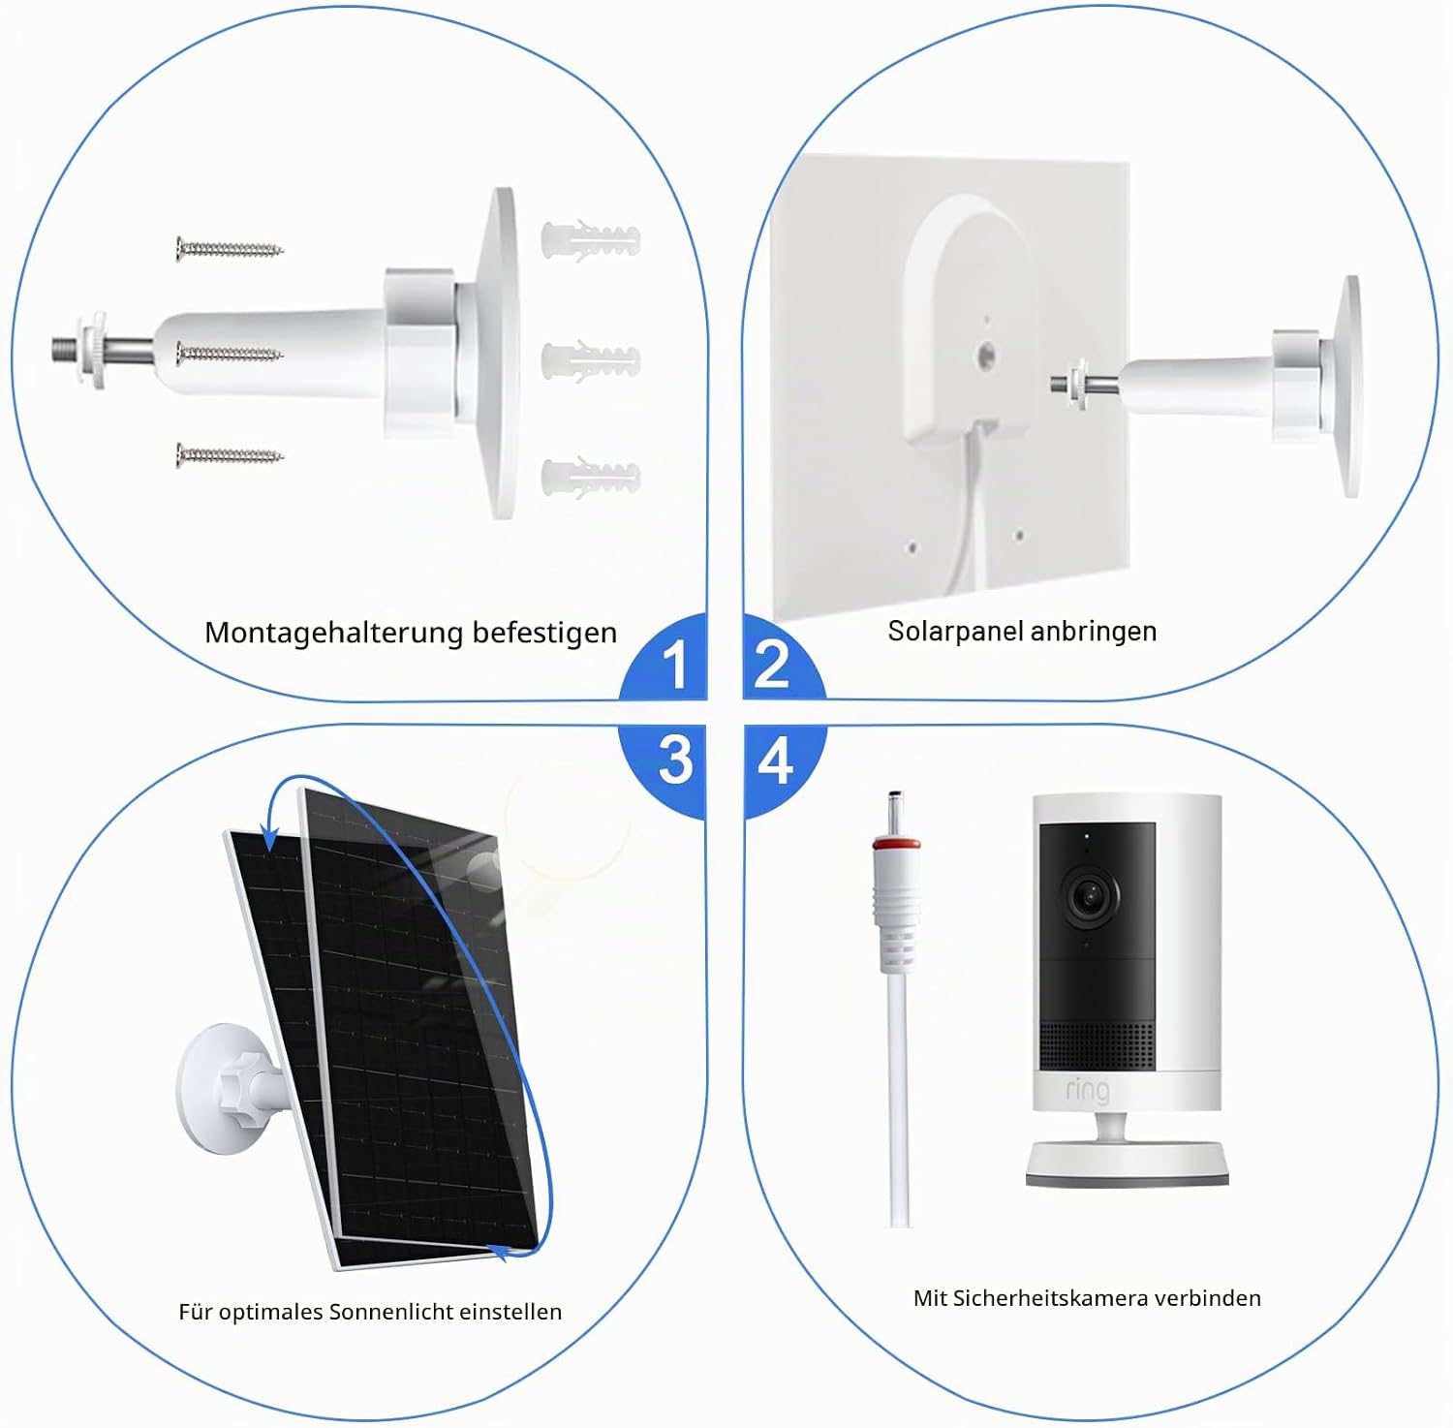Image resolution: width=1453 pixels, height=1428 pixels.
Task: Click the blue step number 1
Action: pyautogui.click(x=675, y=665)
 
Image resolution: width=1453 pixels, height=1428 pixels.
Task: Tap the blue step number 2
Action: pyautogui.click(x=772, y=664)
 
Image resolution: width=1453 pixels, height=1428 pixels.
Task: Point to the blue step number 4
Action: pyautogui.click(x=775, y=760)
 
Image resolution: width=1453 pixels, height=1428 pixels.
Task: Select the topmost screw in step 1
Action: pyautogui.click(x=230, y=249)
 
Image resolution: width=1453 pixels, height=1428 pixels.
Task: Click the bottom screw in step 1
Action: pyautogui.click(x=230, y=454)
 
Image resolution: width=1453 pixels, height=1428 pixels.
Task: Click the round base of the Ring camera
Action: pyautogui.click(x=1128, y=1164)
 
